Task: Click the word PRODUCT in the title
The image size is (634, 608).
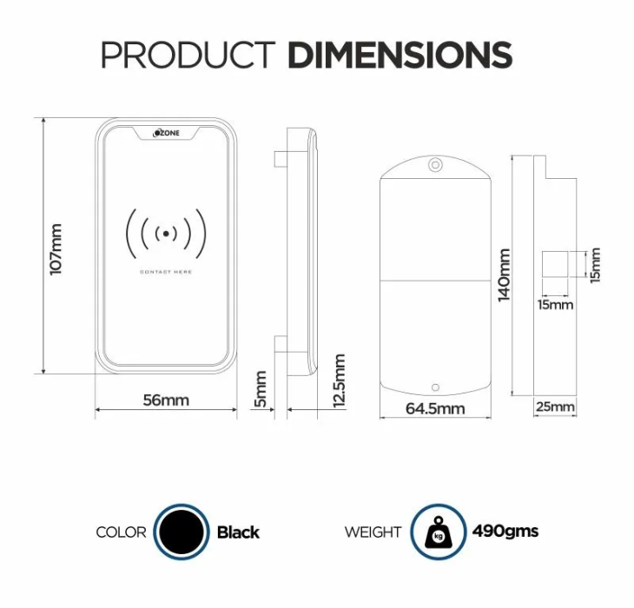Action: pos(188,55)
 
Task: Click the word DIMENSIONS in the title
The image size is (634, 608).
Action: pos(400,55)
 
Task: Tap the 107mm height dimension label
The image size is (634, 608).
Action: pos(56,249)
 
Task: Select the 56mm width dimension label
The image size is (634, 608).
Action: pos(166,400)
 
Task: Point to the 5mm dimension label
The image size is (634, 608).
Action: pos(261,389)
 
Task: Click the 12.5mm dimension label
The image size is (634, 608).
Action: pos(339,380)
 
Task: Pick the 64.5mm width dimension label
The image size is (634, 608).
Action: pos(435,408)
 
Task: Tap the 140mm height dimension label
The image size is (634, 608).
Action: pos(505,274)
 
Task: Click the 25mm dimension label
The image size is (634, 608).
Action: pos(555,406)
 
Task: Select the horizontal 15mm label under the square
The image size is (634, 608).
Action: pos(555,304)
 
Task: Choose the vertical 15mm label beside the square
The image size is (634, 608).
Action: pos(595,265)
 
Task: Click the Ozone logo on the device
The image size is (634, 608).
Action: pos(166,133)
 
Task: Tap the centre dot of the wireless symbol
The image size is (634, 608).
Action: pos(166,234)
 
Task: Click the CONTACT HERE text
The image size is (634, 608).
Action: pos(166,272)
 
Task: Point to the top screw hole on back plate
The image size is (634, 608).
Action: pos(435,165)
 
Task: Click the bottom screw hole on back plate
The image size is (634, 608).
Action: pos(435,387)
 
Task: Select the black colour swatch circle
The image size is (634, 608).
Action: pos(182,532)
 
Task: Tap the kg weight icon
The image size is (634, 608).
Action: pos(439,532)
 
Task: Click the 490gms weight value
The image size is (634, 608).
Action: pos(505,532)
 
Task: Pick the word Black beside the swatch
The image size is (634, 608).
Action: pos(238,532)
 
